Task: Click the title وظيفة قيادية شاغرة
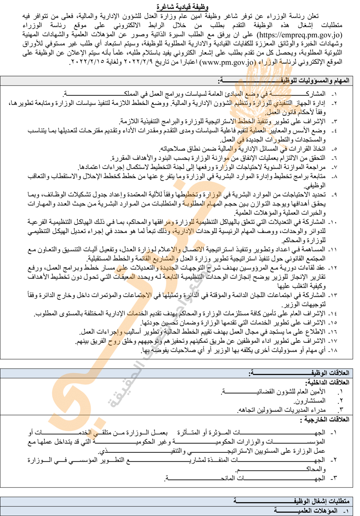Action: click(180, 6)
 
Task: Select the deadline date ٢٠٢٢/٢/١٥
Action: click(86, 61)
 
